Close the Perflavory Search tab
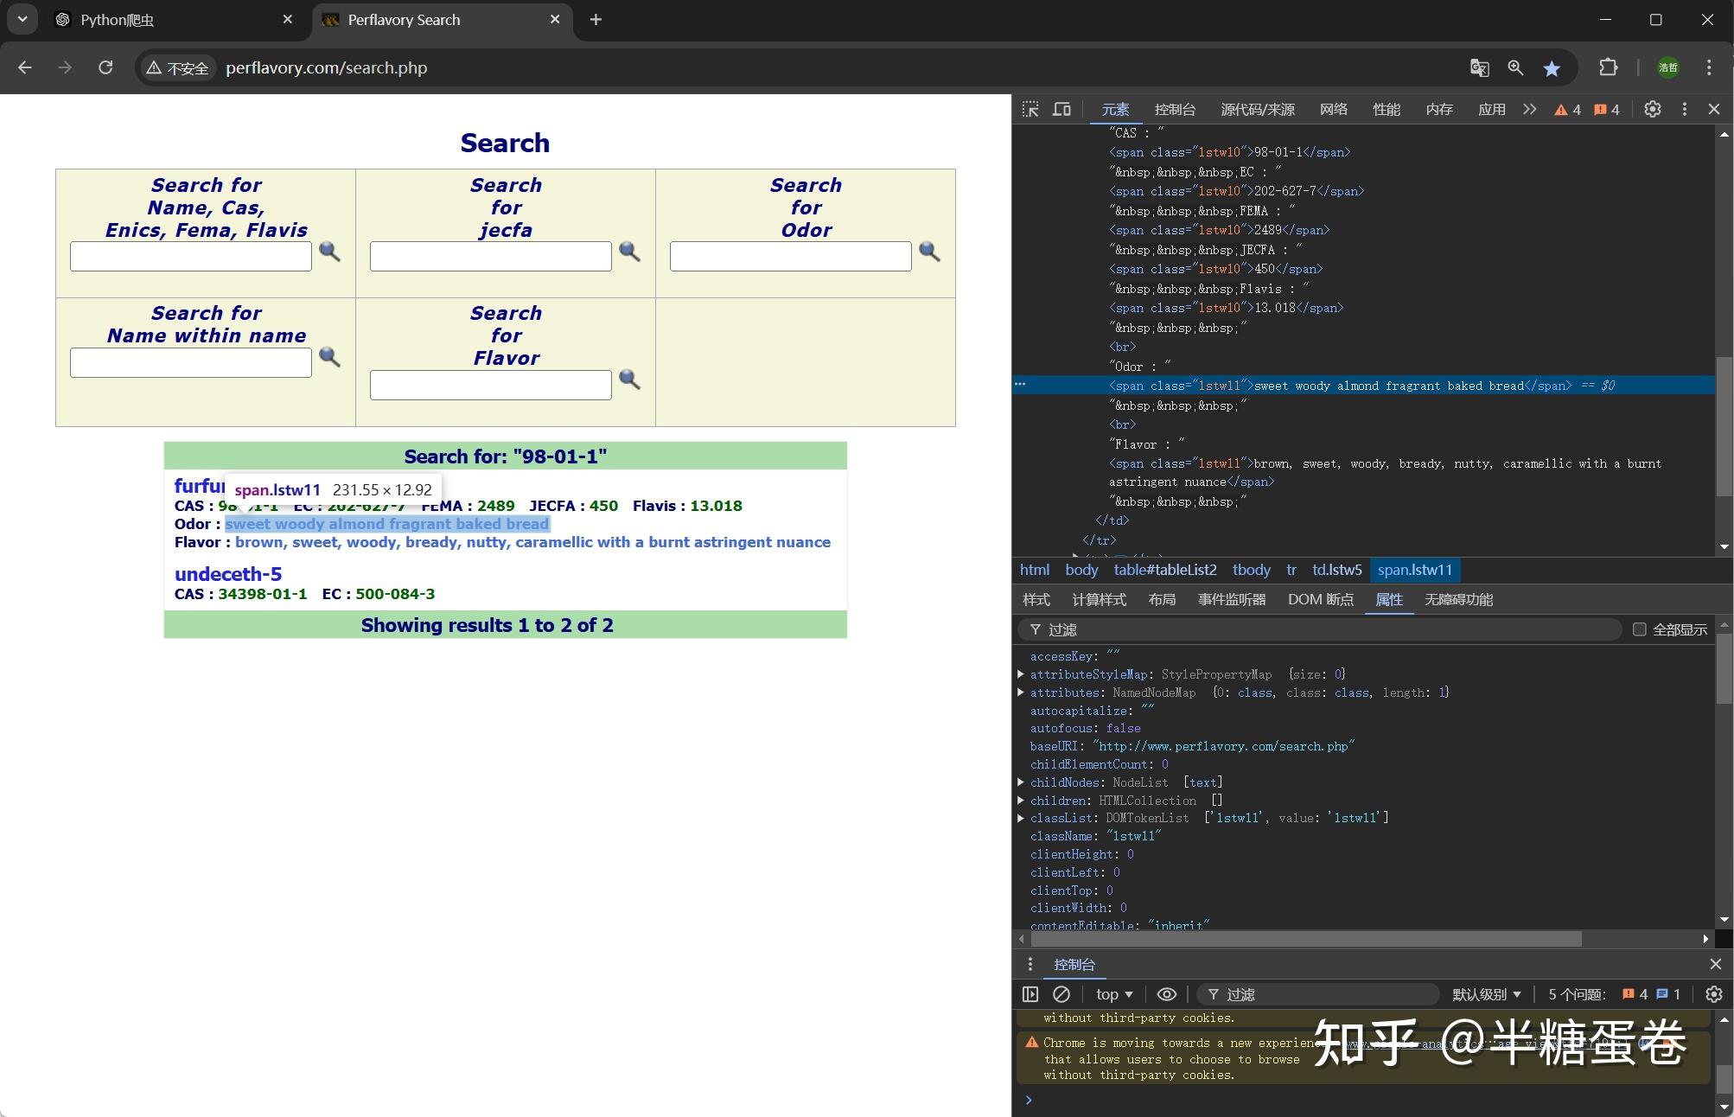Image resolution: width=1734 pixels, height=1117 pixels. pos(555,19)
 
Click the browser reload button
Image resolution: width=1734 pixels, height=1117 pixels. pos(105,67)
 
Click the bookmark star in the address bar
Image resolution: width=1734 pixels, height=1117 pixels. pos(1552,68)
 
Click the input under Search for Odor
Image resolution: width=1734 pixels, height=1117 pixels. pos(790,256)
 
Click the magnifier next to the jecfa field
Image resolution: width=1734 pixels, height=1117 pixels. pos(629,252)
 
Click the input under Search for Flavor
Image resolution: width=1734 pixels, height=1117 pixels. pos(490,385)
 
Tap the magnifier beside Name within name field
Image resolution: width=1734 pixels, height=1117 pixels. pos(329,356)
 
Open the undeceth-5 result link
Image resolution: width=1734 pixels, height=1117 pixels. pos(228,574)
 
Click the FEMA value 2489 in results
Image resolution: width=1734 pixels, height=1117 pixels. pos(495,506)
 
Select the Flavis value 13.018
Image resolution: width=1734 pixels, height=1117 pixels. pos(716,506)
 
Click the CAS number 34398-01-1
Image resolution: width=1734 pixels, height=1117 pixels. pos(262,594)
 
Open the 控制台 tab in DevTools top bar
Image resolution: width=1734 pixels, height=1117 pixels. pos(1175,110)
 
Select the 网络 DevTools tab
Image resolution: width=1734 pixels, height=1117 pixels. pos(1333,110)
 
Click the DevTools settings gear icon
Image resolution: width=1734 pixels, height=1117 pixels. pos(1652,110)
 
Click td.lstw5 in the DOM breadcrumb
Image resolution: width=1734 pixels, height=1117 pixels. pos(1336,570)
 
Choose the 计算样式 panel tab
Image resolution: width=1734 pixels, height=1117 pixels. pos(1099,600)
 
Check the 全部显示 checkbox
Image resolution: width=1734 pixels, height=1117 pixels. pos(1639,629)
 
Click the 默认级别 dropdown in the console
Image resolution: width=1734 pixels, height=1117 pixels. pos(1486,994)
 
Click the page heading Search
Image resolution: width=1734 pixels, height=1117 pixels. pos(505,143)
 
